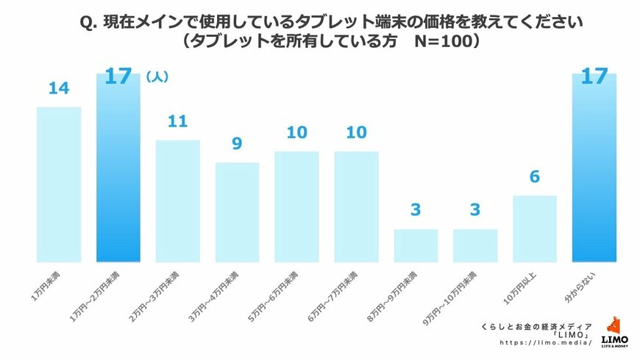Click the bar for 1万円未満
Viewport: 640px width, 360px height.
point(59,184)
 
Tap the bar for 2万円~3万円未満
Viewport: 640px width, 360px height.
point(178,200)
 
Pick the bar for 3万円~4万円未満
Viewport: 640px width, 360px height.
point(238,212)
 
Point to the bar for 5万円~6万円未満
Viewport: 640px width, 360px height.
point(296,206)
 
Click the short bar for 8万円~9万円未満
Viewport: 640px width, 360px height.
point(416,245)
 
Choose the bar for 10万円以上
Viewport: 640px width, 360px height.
point(535,228)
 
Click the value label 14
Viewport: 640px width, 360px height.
point(59,89)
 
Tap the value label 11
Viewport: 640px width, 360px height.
point(178,121)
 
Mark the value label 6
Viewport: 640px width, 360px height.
point(535,177)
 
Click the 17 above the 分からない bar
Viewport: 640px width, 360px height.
point(594,77)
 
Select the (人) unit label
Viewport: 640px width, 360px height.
point(157,76)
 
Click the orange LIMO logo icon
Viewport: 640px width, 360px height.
point(614,326)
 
